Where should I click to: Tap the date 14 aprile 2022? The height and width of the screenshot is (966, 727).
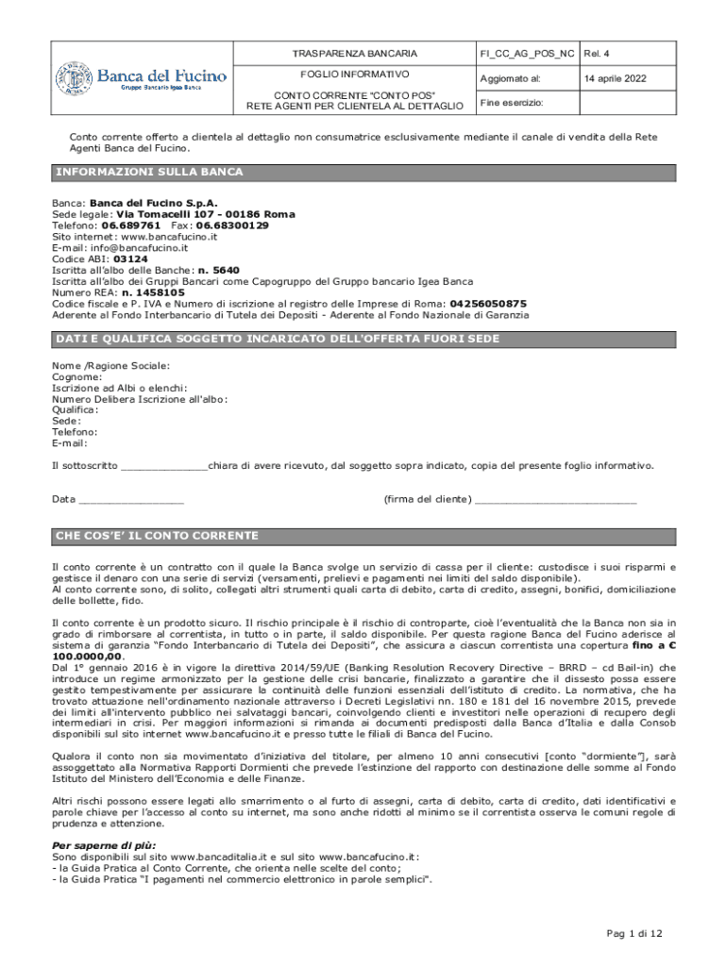(616, 78)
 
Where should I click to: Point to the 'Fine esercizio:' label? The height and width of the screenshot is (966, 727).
(512, 102)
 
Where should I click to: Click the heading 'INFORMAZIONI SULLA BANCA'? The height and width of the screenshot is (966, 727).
(149, 173)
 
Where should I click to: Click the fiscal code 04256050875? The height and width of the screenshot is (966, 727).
(488, 304)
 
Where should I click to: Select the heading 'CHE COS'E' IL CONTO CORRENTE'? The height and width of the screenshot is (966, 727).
(157, 537)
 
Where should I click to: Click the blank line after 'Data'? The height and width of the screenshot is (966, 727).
(132, 500)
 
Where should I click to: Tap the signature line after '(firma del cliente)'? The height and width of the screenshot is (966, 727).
(556, 500)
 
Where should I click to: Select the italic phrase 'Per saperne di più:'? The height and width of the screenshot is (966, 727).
(104, 846)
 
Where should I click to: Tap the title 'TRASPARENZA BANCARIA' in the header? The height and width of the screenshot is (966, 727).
(354, 54)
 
